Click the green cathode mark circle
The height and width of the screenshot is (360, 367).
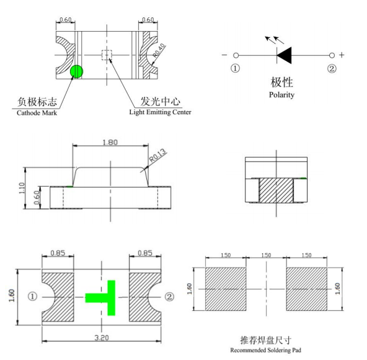[x=76, y=71]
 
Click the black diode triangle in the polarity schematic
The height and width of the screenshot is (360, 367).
[x=284, y=55]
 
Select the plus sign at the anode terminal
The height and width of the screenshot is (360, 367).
[x=342, y=55]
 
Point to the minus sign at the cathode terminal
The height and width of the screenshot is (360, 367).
[x=224, y=55]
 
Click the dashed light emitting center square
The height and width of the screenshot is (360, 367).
[x=107, y=55]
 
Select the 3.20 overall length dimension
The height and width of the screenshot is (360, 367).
[x=102, y=338]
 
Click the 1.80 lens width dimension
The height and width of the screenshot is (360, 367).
[x=110, y=142]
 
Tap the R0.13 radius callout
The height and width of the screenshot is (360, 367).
[x=158, y=155]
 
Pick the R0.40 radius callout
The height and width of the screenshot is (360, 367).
[x=159, y=51]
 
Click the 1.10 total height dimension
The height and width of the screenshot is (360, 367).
[x=22, y=188]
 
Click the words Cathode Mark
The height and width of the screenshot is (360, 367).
[x=37, y=113]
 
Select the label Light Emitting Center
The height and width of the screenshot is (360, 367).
[x=161, y=112]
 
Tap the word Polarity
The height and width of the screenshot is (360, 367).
[x=281, y=95]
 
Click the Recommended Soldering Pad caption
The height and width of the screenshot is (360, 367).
[x=266, y=350]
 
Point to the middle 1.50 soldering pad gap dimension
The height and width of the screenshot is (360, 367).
[x=266, y=255]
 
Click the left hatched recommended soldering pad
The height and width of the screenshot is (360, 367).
[x=226, y=289]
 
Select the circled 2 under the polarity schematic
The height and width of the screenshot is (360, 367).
[x=332, y=68]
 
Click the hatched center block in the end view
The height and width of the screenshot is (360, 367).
[x=276, y=191]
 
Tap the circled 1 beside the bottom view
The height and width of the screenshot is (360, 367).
[x=32, y=297]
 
